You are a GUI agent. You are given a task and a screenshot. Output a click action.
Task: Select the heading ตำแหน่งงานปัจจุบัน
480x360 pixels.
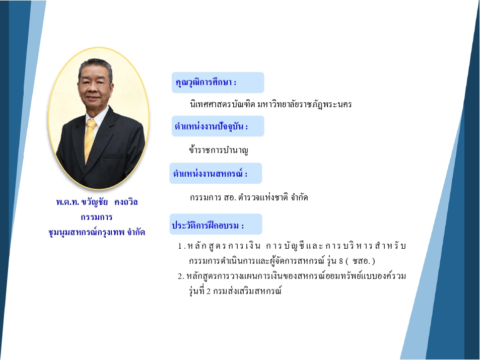click(x=211, y=126)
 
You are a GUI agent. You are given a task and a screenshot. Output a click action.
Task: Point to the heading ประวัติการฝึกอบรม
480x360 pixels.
click(x=208, y=225)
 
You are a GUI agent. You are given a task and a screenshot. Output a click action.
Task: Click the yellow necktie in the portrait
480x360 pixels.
click(x=89, y=139)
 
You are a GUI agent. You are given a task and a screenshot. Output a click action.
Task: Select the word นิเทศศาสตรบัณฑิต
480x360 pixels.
click(x=223, y=104)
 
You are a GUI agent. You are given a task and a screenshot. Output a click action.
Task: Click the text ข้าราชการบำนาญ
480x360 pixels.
click(x=219, y=150)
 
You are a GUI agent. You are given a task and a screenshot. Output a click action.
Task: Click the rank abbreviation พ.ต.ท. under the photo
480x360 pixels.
click(x=67, y=202)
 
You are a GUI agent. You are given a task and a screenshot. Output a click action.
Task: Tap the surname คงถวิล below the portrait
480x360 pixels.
click(x=126, y=202)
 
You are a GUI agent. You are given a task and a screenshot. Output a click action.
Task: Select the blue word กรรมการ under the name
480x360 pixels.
click(x=97, y=217)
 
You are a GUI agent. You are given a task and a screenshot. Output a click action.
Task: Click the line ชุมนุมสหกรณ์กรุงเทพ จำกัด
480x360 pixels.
click(x=97, y=232)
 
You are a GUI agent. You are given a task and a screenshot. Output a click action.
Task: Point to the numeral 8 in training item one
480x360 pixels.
click(x=341, y=261)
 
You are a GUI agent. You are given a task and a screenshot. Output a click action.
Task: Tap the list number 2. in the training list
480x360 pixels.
click(x=181, y=276)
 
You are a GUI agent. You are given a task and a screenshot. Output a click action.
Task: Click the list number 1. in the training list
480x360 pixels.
click(x=181, y=246)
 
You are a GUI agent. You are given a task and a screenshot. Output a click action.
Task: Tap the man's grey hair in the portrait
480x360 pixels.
click(x=96, y=65)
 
